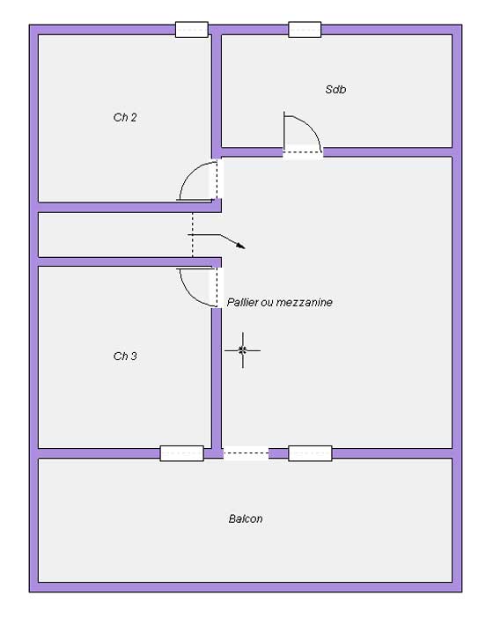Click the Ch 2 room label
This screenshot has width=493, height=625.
(x=125, y=117)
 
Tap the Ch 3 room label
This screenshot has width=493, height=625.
(x=125, y=356)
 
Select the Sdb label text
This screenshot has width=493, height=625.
(x=335, y=89)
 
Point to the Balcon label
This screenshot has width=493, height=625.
(x=246, y=518)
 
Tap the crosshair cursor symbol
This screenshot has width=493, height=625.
(x=242, y=350)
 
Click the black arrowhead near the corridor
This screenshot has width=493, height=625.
(x=240, y=246)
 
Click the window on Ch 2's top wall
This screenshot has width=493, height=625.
(x=192, y=30)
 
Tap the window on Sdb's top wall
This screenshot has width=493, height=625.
(x=305, y=30)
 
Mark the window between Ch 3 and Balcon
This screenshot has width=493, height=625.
(x=181, y=453)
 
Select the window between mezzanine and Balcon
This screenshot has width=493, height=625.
(x=310, y=453)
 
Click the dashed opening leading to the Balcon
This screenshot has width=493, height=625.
(x=246, y=453)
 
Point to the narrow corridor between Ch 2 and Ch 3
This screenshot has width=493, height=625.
(x=115, y=235)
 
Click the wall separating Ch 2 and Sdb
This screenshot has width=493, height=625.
(x=216, y=93)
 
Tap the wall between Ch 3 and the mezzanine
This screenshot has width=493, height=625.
(x=216, y=378)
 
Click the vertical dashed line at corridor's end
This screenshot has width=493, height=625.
(x=193, y=235)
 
